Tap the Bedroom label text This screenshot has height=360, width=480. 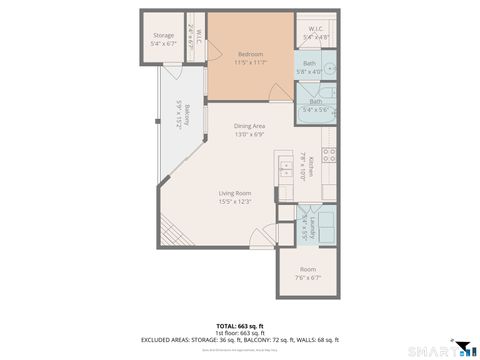tap(250, 54)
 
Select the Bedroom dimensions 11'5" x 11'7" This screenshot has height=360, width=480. tap(250, 63)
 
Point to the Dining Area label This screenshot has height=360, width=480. tap(250, 126)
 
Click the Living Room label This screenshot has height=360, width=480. tap(235, 193)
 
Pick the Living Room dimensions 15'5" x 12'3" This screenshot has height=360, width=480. tap(235, 202)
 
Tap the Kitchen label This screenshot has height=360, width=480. tap(311, 164)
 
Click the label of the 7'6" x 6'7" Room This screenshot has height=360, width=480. tap(308, 270)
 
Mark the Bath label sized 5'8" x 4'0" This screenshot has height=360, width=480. tap(309, 64)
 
